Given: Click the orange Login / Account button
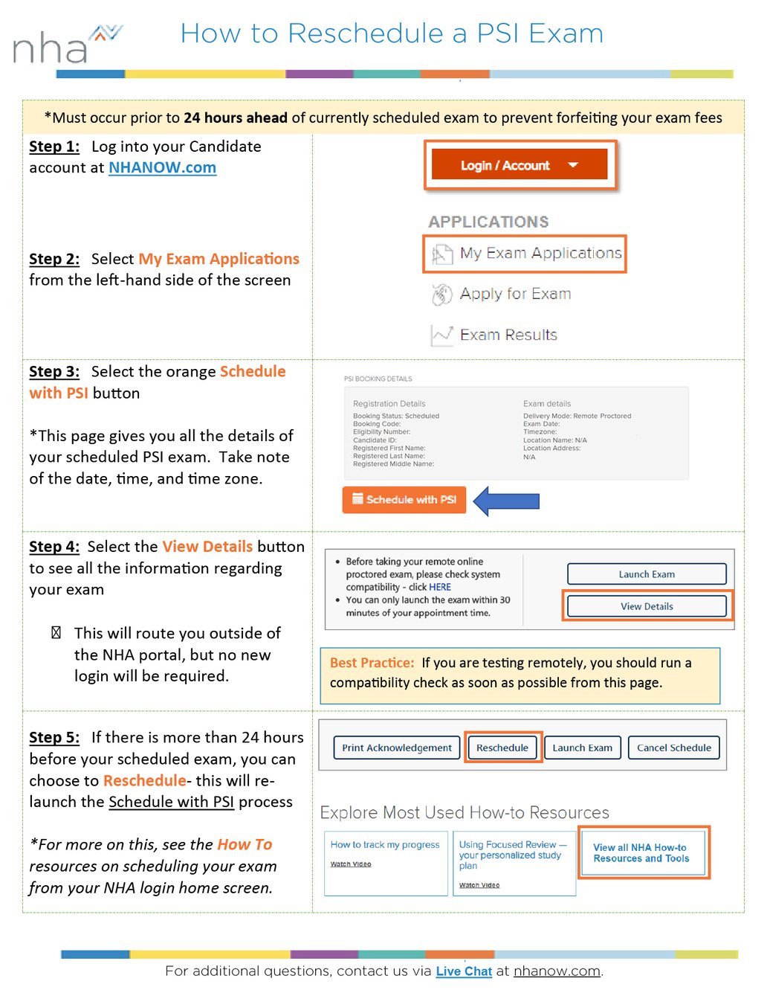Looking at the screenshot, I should point(520,165).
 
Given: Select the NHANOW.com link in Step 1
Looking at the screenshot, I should point(162,168).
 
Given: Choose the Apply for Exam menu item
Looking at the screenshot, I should point(514,294).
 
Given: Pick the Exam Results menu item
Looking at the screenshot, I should point(508,335).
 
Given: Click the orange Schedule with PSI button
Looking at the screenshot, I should point(404,500).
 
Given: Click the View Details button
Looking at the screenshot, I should point(647,606).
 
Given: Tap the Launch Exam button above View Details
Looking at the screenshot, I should point(647,574).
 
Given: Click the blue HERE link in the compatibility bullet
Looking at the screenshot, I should point(440,587).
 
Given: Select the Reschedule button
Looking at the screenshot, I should point(502,748).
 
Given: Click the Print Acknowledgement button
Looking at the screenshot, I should point(397,748).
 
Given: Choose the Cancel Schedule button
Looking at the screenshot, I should point(673,748).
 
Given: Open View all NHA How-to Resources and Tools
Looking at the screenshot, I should point(641,853).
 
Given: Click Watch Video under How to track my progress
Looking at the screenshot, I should point(351,864).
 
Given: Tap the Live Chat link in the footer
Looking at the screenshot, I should point(464,971).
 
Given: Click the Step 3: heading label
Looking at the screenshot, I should point(54,372).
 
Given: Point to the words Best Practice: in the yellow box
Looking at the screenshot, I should point(372,663).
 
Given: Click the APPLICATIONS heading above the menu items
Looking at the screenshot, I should point(488,222).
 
